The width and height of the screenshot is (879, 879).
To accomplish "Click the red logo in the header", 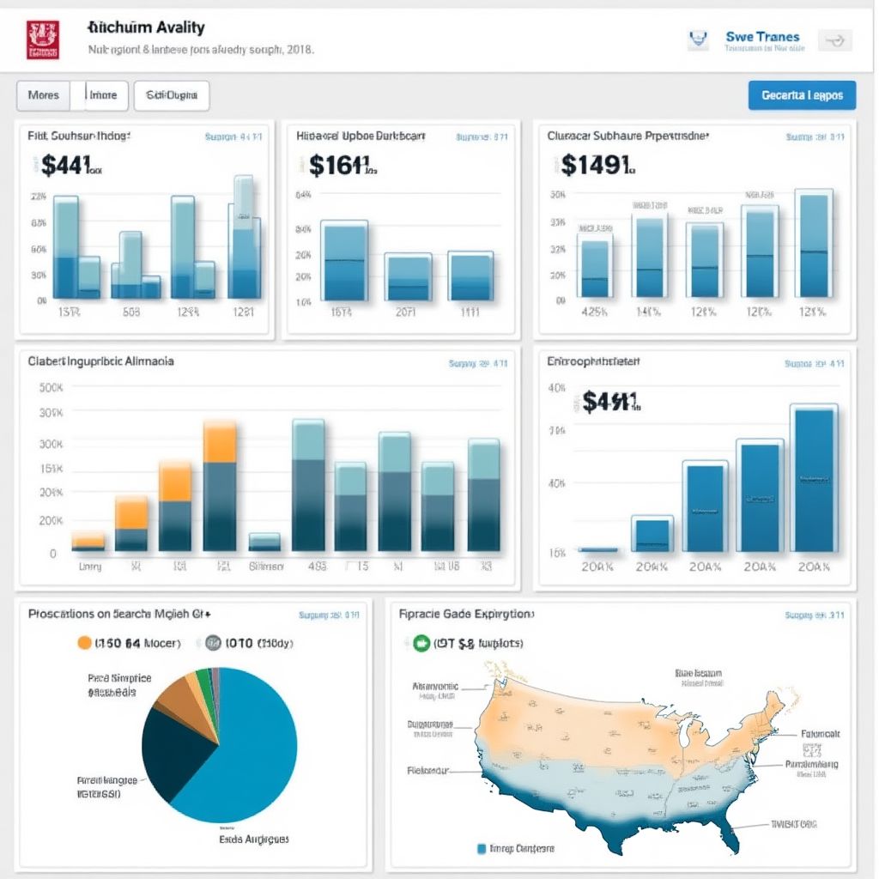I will pos(43,39).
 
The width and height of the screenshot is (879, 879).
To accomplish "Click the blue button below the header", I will pos(802,95).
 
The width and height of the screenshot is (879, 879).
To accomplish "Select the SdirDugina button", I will pos(172,95).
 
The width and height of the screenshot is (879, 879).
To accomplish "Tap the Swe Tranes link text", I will pos(762,37).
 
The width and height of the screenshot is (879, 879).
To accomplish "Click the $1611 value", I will pos(339,165).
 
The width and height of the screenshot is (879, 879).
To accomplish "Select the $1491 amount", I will pos(597,163).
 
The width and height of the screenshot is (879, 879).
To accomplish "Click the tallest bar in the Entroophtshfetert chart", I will pos(814,478).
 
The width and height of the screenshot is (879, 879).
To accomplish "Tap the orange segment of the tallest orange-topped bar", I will pos(220,441).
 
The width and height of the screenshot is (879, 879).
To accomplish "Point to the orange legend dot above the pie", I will pos(84,642).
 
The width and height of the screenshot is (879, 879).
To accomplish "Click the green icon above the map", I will pos(421,642).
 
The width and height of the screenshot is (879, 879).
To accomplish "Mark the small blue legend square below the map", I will pos(482,848).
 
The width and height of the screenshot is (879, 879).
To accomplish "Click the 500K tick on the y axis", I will pos(51,387).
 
